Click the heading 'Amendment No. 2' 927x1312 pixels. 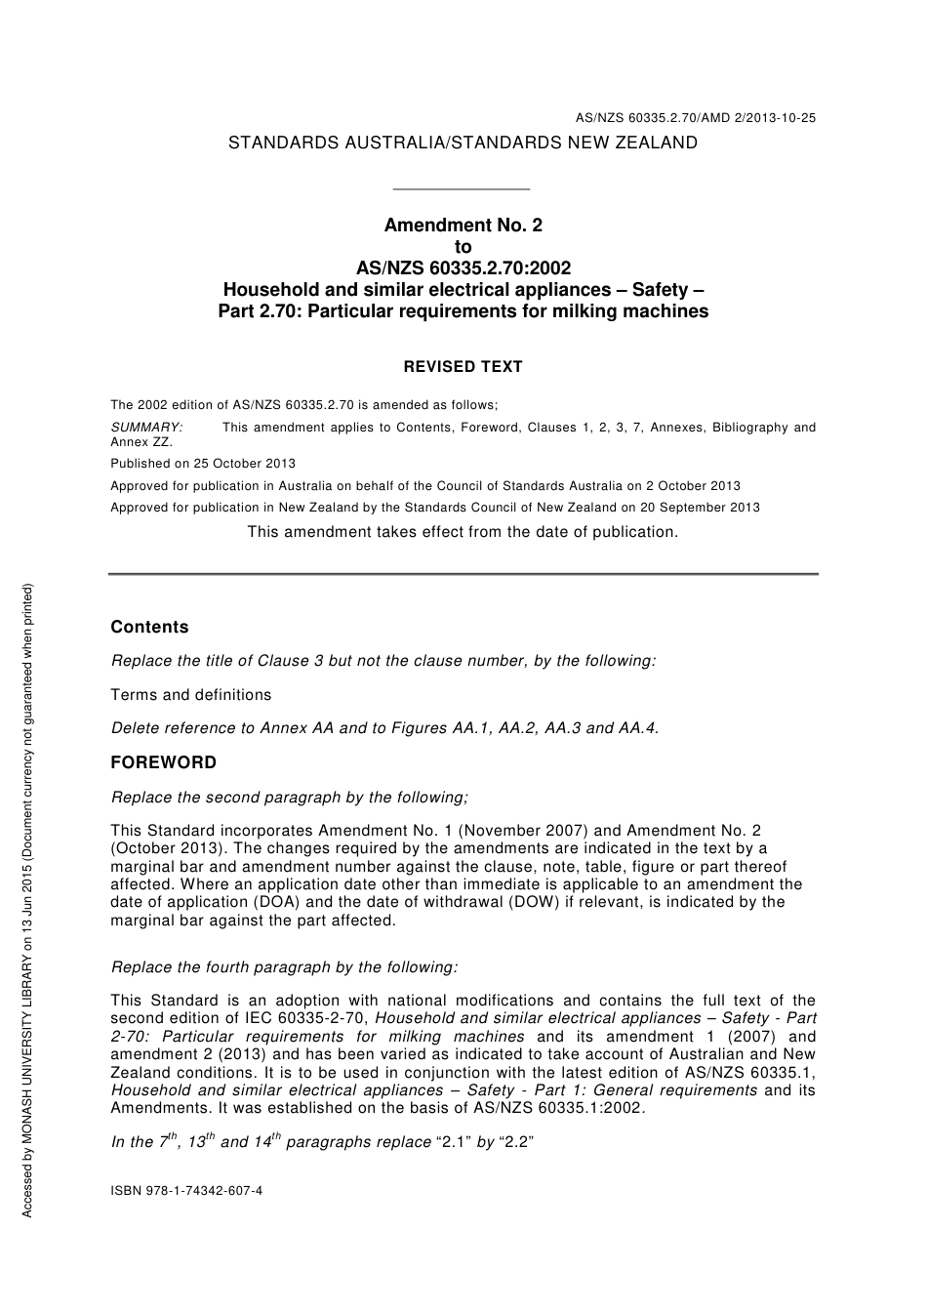click(x=463, y=225)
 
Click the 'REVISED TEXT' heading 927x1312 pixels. click(x=463, y=367)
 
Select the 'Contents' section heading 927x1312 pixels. click(x=149, y=628)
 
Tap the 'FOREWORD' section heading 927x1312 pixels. click(x=163, y=762)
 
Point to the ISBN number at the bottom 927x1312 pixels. click(x=186, y=1191)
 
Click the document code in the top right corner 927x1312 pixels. click(x=695, y=118)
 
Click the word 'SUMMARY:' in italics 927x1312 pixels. click(x=146, y=428)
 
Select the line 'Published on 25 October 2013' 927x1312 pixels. click(x=203, y=464)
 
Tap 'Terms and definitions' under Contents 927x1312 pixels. click(x=191, y=695)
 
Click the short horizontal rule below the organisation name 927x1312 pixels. click(x=460, y=188)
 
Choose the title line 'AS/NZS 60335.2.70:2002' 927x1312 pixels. click(x=463, y=268)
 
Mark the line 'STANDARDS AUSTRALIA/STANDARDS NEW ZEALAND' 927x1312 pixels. click(x=463, y=143)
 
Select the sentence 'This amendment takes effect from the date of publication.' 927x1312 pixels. click(x=463, y=532)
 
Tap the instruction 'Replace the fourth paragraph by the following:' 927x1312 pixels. click(x=285, y=967)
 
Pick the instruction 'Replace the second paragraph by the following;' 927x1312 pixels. click(x=290, y=798)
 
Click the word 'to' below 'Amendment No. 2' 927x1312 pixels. click(x=463, y=247)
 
